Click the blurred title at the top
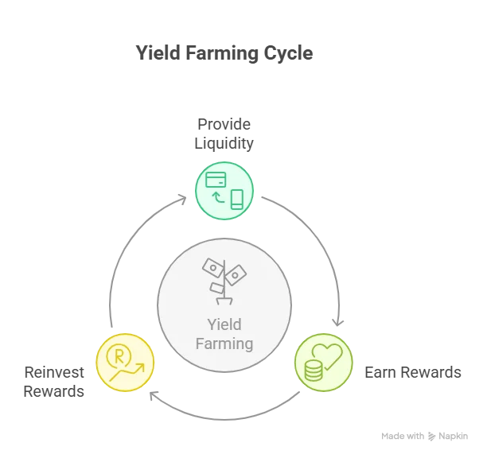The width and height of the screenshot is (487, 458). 227,56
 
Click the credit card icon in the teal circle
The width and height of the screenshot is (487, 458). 216,180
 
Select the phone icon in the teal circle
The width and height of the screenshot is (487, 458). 237,199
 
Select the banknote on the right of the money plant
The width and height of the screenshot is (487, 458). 236,273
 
